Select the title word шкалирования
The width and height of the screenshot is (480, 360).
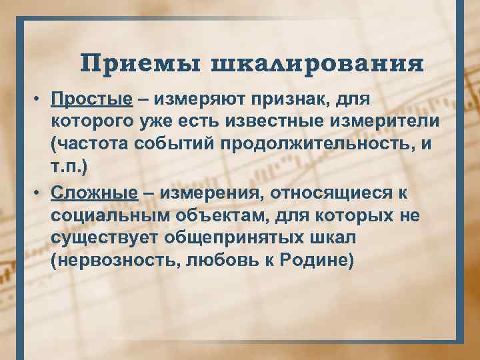pyautogui.click(x=317, y=65)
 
